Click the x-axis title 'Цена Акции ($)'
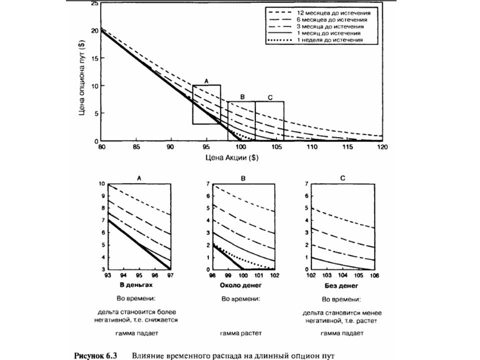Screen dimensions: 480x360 click(231, 157)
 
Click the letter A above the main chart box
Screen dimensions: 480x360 click(206, 81)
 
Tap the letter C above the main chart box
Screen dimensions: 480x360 click(270, 97)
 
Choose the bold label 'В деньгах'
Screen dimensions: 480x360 click(136, 285)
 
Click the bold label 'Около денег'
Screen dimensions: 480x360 click(241, 285)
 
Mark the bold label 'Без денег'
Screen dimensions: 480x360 click(341, 286)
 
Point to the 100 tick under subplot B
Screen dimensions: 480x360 click(243, 275)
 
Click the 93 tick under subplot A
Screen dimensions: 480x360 click(108, 275)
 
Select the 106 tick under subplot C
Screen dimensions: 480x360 click(374, 275)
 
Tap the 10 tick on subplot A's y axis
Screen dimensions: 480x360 click(101, 184)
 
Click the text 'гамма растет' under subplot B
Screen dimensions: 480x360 click(241, 333)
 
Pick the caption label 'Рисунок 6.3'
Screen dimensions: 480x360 click(96, 356)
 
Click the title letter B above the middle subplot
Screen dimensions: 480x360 click(243, 178)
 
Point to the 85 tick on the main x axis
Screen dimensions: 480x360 click(136, 147)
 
